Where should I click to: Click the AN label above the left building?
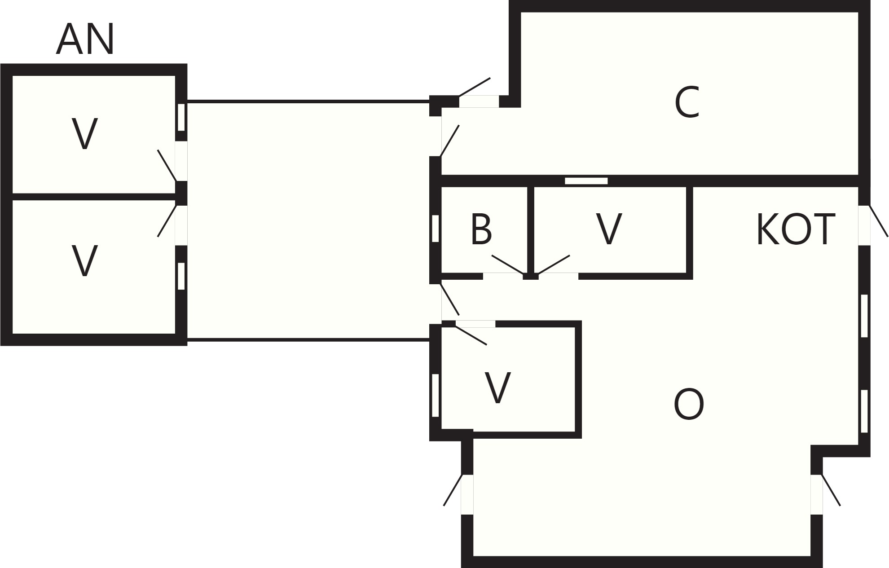coord(85,40)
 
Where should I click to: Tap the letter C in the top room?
coord(687,103)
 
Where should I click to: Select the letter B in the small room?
coord(481,229)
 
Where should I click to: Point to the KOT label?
coord(796,229)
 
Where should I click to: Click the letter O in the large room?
coord(689,404)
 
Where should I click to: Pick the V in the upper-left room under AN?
coord(84,134)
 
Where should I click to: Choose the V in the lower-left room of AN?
coord(84,261)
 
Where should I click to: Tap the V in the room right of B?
coord(609,229)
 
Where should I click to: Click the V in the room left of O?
coord(498,388)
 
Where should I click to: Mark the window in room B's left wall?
coord(435,229)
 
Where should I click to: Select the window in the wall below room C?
coord(586,181)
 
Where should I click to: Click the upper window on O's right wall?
coord(864,316)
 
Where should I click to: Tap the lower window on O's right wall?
coord(864,411)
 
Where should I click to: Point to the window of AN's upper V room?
coord(181,117)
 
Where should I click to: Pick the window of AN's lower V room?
coord(181,276)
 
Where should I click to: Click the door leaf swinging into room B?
coord(508,264)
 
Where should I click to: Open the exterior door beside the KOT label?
coord(879,221)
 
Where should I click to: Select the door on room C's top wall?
coord(474,87)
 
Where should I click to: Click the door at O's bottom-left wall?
coord(453,490)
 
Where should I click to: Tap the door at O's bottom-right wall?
coord(831,490)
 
